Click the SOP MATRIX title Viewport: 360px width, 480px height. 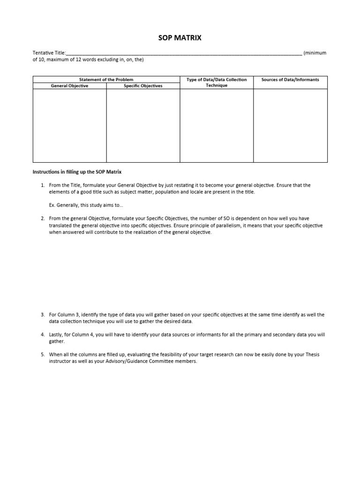tap(180, 37)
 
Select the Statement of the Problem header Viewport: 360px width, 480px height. tap(106, 79)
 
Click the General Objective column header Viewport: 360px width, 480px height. tap(69, 86)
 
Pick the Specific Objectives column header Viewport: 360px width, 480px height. tap(143, 86)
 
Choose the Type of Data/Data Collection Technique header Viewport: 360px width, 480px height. tap(217, 82)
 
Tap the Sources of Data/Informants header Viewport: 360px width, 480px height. tap(290, 80)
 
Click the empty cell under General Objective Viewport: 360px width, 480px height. tap(69, 125)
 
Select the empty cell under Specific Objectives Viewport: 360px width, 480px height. tap(143, 125)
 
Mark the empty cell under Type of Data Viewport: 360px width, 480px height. tap(217, 125)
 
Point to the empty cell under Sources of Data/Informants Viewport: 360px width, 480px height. tap(290, 125)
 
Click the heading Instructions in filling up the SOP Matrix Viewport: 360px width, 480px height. tap(77, 172)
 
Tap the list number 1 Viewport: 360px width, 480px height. tap(42, 185)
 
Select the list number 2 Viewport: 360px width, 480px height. tap(42, 218)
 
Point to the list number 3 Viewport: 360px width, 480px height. tap(42, 315)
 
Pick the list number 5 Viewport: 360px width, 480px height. tap(42, 355)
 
